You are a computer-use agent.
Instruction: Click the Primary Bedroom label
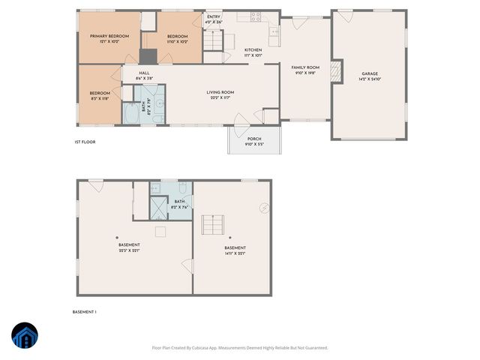(x=109, y=37)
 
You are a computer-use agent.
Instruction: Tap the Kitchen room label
(x=253, y=51)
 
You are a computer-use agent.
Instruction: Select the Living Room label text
(x=220, y=92)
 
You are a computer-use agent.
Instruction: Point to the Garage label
(x=369, y=73)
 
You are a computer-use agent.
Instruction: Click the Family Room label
(x=305, y=67)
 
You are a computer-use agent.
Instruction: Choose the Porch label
(x=254, y=138)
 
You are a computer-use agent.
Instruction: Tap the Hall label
(x=144, y=73)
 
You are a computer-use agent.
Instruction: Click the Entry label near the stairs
(x=214, y=16)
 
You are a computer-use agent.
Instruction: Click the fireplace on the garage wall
(x=337, y=72)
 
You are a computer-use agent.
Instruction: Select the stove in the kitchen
(x=256, y=17)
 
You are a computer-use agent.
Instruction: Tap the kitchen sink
(x=274, y=31)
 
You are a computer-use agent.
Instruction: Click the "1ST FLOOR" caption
(x=85, y=142)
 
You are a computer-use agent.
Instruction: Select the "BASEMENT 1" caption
(x=85, y=311)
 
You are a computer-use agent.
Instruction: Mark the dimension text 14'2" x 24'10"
(x=369, y=79)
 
